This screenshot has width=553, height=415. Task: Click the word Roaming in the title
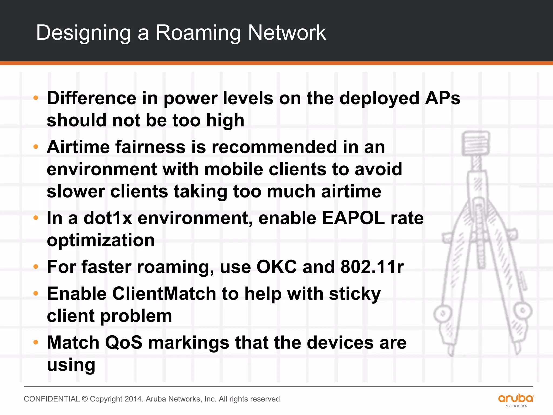pos(198,33)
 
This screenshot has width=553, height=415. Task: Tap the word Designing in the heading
pos(83,33)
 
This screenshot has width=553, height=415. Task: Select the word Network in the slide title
pos(287,33)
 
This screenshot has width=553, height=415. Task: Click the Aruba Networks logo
pos(516,400)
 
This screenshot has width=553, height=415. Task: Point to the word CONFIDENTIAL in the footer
pos(52,399)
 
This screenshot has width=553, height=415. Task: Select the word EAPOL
pos(353,218)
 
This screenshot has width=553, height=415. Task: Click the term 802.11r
pos(372,267)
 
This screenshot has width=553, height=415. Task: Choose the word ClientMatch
pos(164,294)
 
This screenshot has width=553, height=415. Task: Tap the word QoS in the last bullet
pos(123,343)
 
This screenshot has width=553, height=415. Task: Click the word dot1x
pos(108,218)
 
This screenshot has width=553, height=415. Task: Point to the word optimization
pos(101,240)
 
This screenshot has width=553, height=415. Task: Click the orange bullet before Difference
pos(36,98)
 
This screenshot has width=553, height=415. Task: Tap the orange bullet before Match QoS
pos(36,343)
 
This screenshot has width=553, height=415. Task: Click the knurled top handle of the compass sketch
pos(476,143)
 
